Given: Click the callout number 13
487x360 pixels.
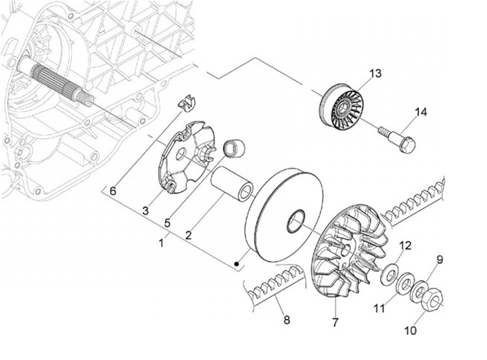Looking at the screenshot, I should point(375,73).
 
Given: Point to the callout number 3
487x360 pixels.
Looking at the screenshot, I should point(145,212).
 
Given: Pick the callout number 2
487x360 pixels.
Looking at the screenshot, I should point(189,234).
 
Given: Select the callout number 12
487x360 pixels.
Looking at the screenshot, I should point(405,244).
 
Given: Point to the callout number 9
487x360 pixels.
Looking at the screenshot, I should point(439,259).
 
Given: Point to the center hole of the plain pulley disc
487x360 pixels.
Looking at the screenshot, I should point(296,220).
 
